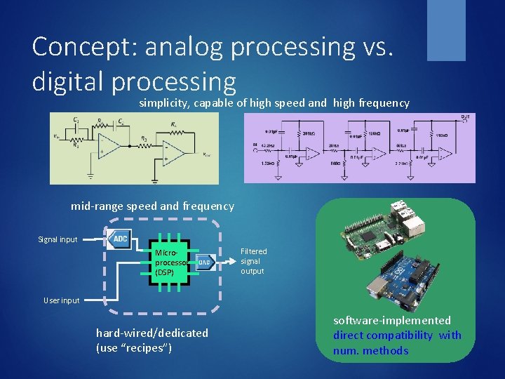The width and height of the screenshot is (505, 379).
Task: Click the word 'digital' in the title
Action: (x=68, y=81)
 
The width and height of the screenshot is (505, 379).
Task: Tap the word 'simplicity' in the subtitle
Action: (x=166, y=103)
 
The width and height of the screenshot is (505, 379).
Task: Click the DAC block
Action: (x=205, y=263)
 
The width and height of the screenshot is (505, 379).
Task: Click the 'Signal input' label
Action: (x=58, y=239)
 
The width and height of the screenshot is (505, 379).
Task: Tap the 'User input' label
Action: (x=61, y=300)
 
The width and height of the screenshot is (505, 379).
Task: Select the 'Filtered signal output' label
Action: (x=253, y=260)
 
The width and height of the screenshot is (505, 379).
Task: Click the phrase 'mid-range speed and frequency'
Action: (x=152, y=206)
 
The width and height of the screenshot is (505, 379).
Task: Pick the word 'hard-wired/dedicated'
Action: (x=152, y=333)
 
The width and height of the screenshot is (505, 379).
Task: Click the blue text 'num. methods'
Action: (x=370, y=350)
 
